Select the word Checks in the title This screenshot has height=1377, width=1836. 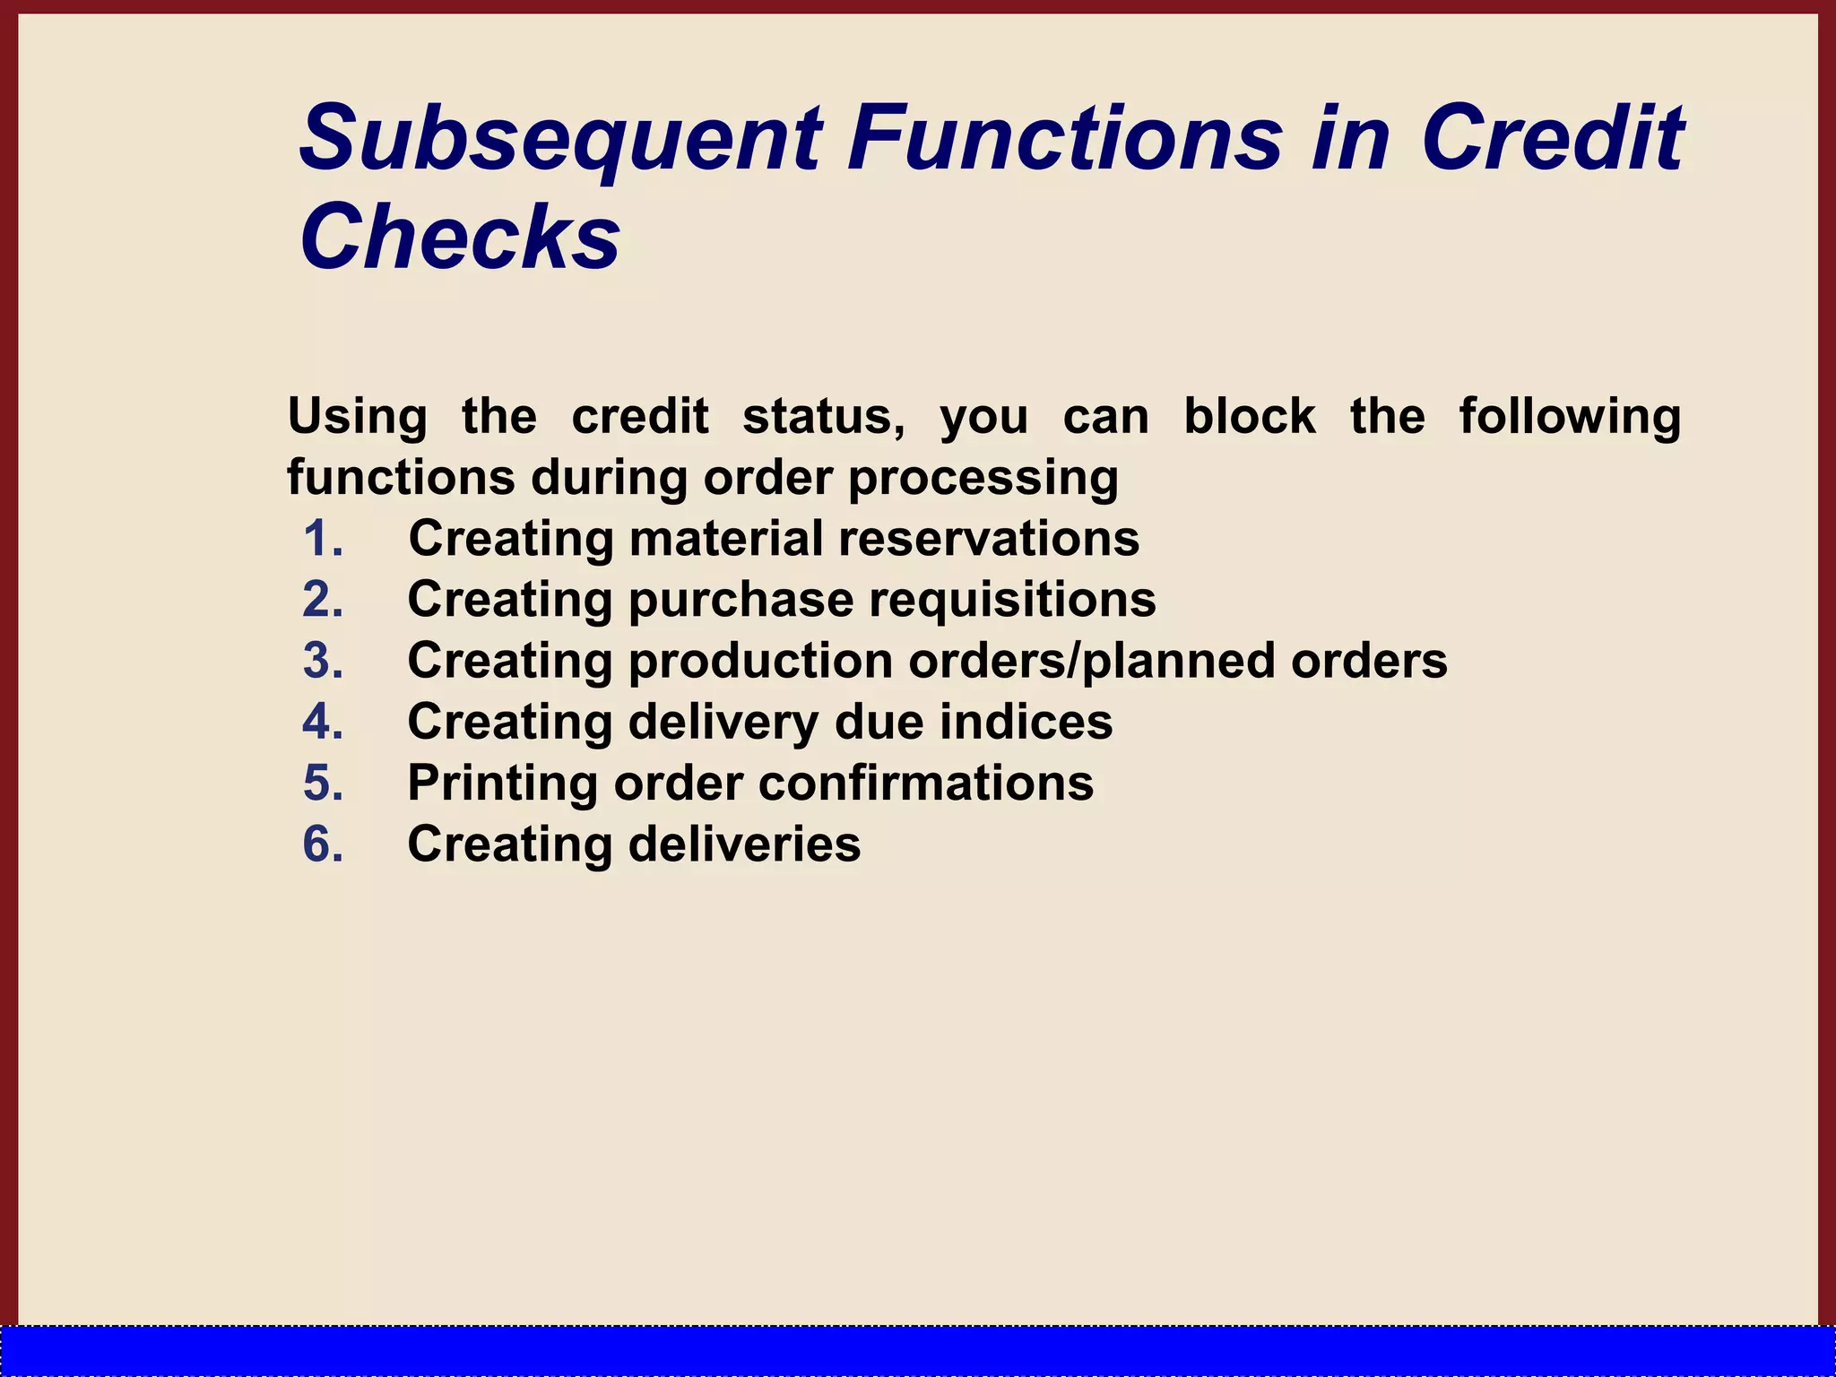(x=459, y=238)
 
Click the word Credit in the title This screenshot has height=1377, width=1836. (x=1552, y=139)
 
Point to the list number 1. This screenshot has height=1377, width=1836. (x=323, y=539)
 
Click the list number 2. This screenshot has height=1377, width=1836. (x=323, y=600)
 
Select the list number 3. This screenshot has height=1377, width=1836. (x=323, y=661)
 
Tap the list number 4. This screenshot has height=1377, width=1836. (x=323, y=722)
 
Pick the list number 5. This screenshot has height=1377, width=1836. (x=323, y=783)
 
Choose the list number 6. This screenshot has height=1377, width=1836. (x=323, y=844)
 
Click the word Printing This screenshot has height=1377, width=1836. (x=502, y=783)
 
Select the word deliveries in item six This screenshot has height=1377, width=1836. (x=744, y=844)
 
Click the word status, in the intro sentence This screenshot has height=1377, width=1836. (x=823, y=417)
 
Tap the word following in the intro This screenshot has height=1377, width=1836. (x=1569, y=417)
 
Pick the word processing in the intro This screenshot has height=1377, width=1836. (x=983, y=478)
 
